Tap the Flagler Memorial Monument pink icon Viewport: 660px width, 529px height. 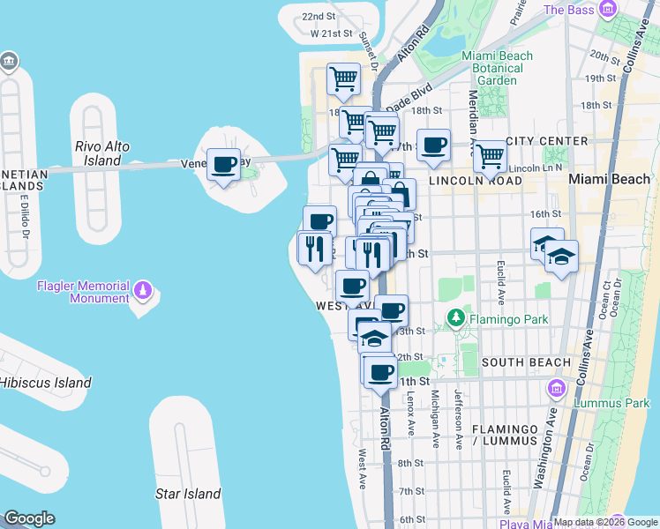coord(143,289)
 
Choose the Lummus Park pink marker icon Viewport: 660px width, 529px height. coord(556,388)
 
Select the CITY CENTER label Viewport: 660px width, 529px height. coord(547,141)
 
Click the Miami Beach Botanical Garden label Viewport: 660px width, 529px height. coord(497,68)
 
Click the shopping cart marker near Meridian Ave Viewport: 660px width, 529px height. coord(490,158)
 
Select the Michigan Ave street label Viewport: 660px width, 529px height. coord(435,419)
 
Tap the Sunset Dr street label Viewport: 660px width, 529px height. coord(369,51)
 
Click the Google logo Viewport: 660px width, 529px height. coord(29,518)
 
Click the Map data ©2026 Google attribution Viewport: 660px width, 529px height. coord(605,522)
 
